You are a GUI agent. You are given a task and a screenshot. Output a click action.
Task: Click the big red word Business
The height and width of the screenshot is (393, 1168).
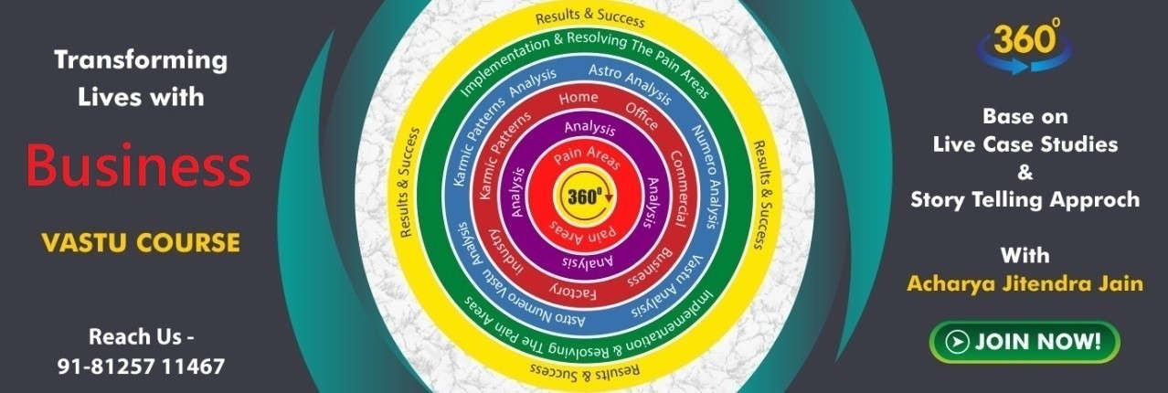pos(139,165)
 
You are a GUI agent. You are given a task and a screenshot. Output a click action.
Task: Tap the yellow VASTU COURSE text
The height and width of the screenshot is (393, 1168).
pos(141,243)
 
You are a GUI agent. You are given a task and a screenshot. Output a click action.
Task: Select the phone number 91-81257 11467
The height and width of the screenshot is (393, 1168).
pos(141,366)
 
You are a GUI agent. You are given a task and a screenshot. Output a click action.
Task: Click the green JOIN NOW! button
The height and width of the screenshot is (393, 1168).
pos(1025,342)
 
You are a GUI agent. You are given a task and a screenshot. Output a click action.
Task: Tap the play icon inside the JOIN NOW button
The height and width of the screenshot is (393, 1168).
pos(957,342)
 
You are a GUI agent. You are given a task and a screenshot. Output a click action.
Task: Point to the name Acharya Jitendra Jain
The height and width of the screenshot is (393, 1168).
pos(1025,284)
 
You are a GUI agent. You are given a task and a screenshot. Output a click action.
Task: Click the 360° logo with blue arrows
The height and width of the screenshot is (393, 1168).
pos(1025,46)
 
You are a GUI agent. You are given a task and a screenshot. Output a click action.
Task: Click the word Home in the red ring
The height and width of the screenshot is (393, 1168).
pos(579,98)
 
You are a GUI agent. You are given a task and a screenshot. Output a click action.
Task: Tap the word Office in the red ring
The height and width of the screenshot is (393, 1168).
pos(642,116)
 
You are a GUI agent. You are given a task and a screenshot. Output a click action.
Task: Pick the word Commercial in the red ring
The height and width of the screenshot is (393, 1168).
pos(678,188)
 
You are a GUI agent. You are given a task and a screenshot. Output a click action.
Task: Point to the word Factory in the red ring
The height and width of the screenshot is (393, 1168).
pos(572,292)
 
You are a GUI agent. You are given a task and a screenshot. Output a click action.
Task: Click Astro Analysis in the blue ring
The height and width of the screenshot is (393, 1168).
pos(630,83)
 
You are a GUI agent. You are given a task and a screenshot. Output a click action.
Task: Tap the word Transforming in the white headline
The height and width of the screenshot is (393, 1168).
pos(141,60)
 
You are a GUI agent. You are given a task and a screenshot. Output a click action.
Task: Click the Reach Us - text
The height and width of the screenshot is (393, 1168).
pos(142,337)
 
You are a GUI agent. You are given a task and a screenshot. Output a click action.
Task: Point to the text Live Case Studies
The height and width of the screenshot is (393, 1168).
pos(1025,144)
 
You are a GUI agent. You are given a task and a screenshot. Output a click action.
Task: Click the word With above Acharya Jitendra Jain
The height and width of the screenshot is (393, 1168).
pos(1025,255)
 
